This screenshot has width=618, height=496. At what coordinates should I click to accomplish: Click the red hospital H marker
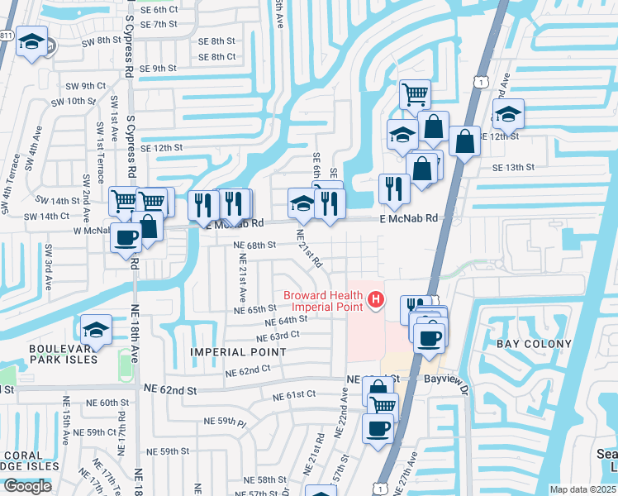377,298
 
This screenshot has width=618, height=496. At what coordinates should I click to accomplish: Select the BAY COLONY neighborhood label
534,344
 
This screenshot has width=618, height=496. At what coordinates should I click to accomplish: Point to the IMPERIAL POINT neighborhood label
238,352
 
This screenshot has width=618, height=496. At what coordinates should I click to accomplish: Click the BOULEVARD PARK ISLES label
64,354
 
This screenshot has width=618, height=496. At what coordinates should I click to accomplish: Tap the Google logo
27,486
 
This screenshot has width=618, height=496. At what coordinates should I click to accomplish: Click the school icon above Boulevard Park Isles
97,330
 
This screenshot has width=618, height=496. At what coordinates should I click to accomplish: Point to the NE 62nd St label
170,389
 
